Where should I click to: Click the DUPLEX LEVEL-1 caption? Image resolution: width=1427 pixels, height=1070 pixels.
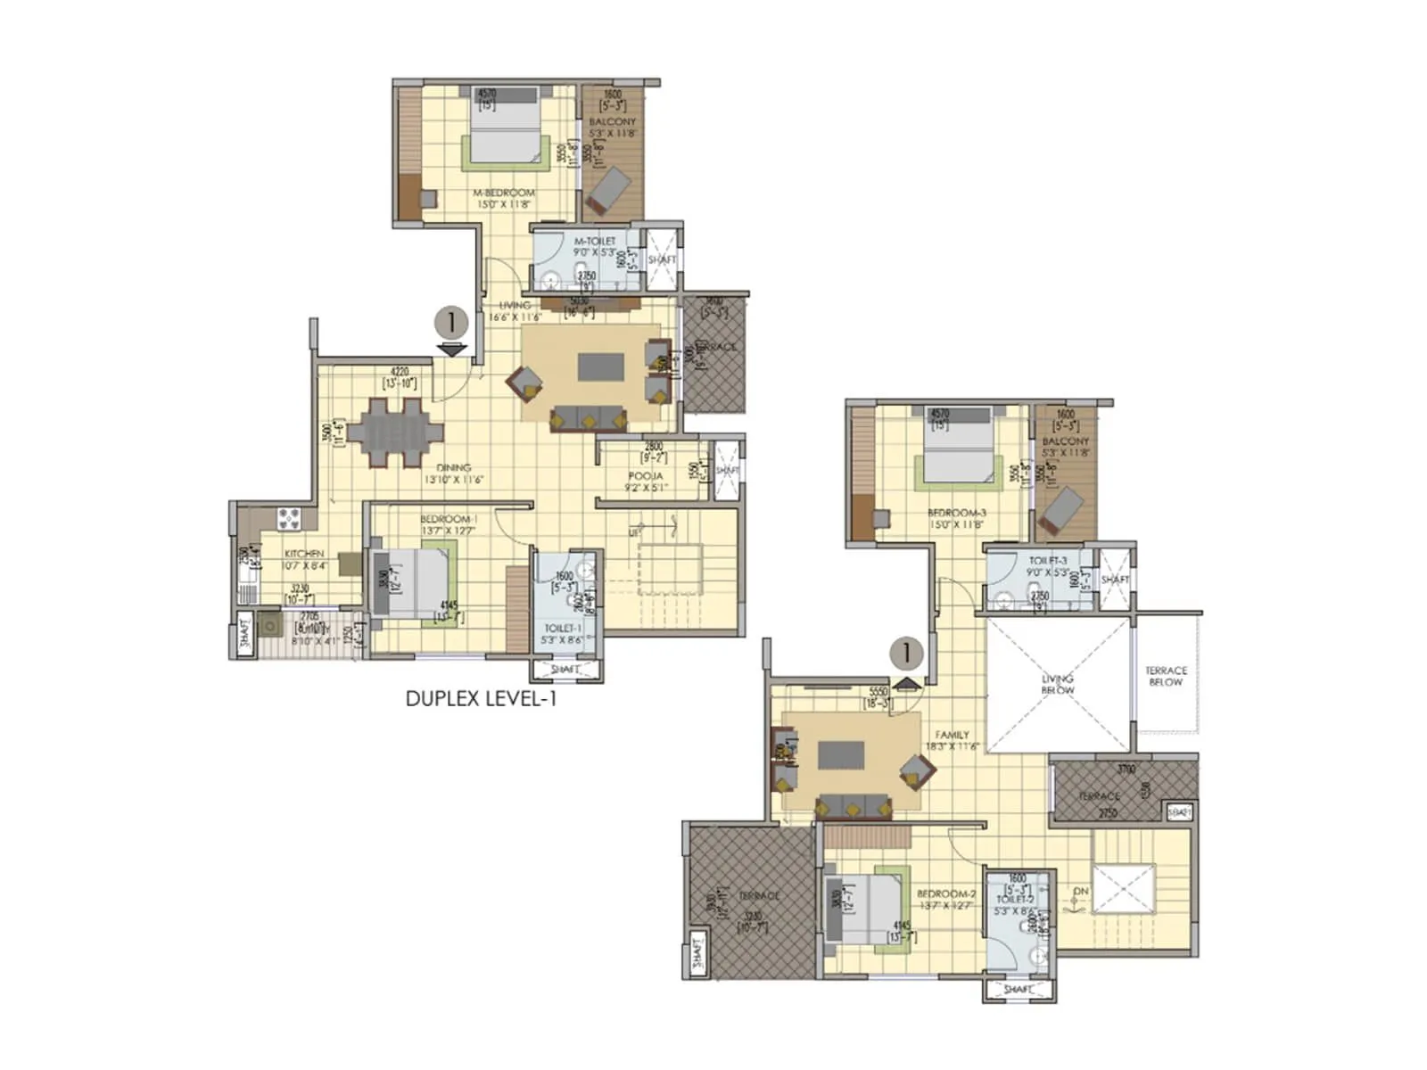(481, 699)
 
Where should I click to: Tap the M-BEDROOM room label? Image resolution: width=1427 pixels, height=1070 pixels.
(504, 193)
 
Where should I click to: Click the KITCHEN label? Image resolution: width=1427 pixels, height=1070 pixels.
(303, 554)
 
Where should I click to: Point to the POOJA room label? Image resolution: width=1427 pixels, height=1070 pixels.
(645, 476)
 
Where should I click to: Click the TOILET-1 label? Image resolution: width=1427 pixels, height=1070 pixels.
(563, 629)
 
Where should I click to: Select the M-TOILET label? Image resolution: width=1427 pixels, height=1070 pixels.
(595, 241)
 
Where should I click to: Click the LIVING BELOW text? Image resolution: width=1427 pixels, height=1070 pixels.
(1058, 684)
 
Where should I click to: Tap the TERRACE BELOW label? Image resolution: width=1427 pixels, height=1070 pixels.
(1166, 676)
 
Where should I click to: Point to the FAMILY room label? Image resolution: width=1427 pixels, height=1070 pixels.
(952, 735)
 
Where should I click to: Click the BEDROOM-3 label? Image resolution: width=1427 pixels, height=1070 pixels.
(956, 513)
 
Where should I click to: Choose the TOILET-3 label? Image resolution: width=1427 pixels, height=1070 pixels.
(1047, 561)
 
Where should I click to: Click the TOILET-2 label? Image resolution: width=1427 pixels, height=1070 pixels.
(1015, 900)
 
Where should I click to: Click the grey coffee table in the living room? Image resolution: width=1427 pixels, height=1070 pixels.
(600, 366)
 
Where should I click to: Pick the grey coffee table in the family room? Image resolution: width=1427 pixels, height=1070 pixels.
(841, 753)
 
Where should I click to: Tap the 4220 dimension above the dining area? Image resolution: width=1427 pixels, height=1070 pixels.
(400, 372)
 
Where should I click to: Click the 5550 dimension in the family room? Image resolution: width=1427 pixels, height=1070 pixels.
(878, 692)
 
